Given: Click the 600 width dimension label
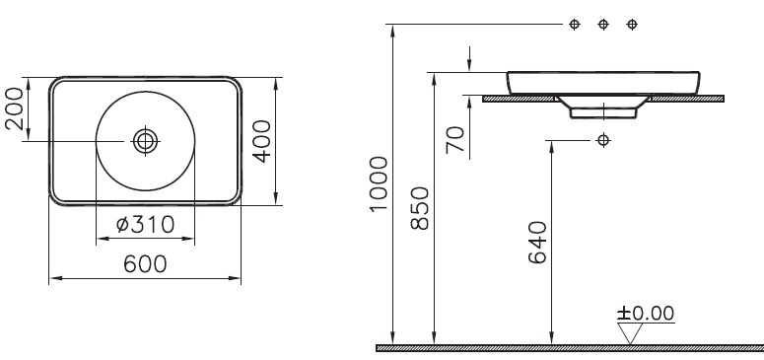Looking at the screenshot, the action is [x=145, y=264].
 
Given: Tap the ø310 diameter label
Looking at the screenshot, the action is [x=145, y=225].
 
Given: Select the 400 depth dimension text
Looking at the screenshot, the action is [x=262, y=141].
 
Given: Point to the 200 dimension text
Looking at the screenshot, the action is [x=14, y=108].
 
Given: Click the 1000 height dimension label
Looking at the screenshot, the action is [x=380, y=183].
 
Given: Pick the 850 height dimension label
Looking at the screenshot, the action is [x=420, y=208].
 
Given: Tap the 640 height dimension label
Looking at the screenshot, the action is [x=538, y=243].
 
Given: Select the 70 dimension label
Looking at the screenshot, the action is [x=455, y=139].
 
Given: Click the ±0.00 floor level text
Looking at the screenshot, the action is [x=646, y=314].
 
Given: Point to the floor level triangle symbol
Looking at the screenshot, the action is [x=630, y=333].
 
